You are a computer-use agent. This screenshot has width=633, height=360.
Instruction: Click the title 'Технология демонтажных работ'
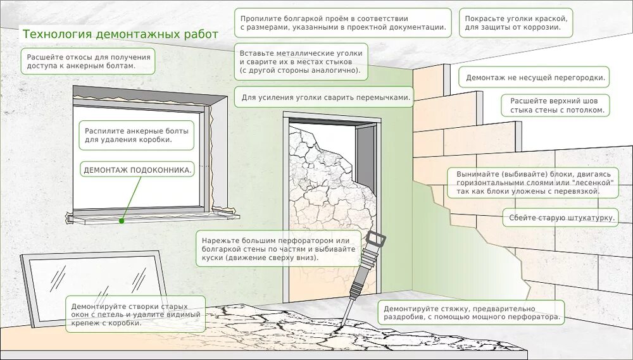(x=120, y=34)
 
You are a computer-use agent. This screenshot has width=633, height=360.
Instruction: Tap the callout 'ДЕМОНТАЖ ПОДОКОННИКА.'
(x=137, y=170)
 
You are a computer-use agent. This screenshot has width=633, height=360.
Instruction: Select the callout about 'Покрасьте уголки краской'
(x=516, y=23)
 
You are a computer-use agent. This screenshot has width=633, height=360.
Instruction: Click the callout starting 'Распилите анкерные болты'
(x=136, y=135)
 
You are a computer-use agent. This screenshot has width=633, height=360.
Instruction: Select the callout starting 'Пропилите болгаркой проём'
(x=342, y=23)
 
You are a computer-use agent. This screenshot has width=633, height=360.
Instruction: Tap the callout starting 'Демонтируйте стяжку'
(x=472, y=313)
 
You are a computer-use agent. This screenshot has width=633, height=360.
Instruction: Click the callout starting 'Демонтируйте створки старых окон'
(x=136, y=314)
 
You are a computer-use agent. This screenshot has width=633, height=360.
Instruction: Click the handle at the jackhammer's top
(x=375, y=239)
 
